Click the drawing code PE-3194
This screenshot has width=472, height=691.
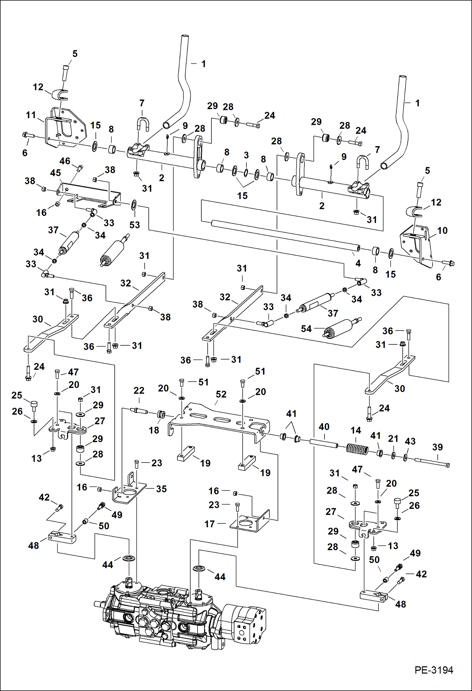coord(434,670)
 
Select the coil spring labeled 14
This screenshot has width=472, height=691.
coord(357,449)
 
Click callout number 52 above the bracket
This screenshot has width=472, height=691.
coord(221,394)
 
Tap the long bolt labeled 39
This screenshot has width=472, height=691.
coord(432,462)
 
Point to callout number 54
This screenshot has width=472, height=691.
coord(306,329)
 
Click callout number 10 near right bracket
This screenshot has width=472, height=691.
coord(442,230)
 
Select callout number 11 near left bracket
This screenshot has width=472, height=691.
coord(31,115)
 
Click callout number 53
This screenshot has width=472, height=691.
coord(135,225)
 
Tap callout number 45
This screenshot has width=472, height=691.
coord(55,173)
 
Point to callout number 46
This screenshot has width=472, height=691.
coord(65,161)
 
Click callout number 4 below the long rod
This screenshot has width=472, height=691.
coord(358,263)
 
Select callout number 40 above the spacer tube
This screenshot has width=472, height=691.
coord(324,427)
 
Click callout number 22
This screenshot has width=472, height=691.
coord(139,390)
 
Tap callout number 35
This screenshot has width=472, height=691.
coord(161,489)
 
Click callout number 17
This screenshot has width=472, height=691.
coord(210,524)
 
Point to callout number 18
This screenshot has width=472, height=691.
coord(154,430)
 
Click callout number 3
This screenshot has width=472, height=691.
coord(246,155)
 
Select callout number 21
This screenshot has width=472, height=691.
coord(393,438)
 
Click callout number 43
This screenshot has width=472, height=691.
coord(410,441)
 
